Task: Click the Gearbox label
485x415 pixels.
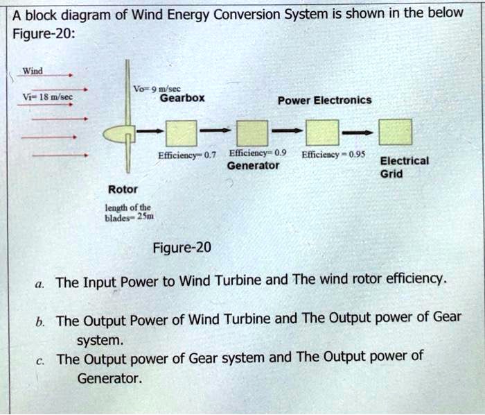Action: point(182,99)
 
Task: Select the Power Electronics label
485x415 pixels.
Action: point(324,100)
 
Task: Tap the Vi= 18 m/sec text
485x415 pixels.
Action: point(44,97)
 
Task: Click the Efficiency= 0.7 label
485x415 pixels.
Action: point(187,155)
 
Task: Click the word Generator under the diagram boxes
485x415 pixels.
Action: point(253,166)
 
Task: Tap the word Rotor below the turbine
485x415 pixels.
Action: point(123,189)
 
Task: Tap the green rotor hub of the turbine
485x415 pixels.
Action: point(115,133)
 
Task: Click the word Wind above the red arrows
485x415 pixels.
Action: point(33,70)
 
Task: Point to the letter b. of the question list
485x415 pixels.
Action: point(41,321)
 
